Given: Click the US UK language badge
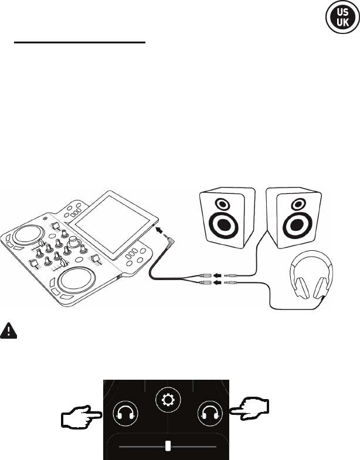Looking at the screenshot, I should pos(338,18).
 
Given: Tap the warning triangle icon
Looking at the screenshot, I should pos(9,331).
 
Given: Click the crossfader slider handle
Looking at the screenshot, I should pos(168,446).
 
